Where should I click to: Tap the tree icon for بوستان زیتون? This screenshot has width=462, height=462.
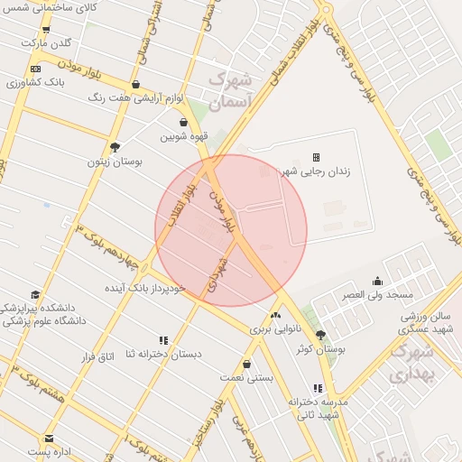pos(115,147)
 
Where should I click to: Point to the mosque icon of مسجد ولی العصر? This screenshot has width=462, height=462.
pos(377,281)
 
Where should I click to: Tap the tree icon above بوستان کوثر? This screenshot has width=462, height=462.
pos(320,335)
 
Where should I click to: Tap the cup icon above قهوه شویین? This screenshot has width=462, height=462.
pos(183,122)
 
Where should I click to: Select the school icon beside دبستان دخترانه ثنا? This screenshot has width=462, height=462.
pos(163,340)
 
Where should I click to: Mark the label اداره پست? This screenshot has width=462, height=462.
pos(50,450)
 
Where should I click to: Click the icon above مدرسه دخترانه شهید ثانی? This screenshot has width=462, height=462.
pos(317,387)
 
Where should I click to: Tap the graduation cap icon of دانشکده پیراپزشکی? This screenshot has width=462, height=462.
pos(35,295)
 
